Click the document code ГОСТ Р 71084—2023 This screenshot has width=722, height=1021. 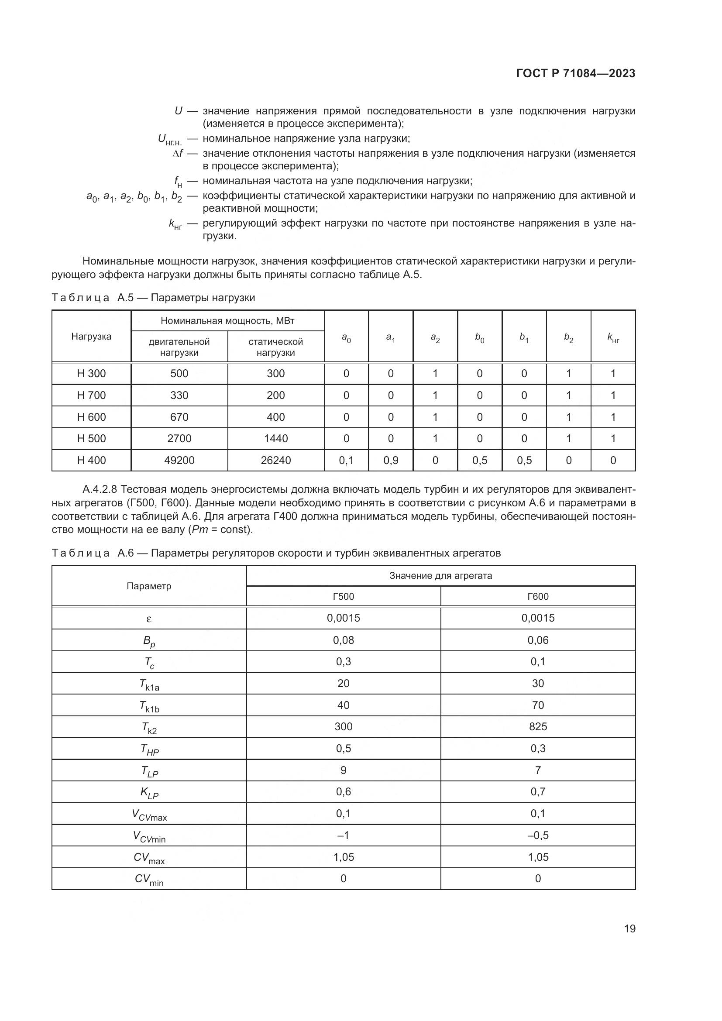coord(576,73)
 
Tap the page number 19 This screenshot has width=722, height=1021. coord(629,928)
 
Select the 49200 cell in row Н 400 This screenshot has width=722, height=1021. coord(179,460)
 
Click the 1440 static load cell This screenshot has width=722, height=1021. coord(275,438)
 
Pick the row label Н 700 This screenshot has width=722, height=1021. coord(91,395)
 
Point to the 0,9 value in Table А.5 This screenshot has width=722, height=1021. coord(390,460)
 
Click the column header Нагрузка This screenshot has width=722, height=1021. coord(91,336)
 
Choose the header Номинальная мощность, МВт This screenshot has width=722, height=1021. coord(227,321)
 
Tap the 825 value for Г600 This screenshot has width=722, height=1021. coord(538,727)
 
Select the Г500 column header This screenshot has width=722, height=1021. coord(343,596)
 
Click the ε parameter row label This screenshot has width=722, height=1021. coord(149,618)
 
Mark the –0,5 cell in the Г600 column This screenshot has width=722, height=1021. coord(538,835)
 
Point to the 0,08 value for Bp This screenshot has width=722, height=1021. coord(343,640)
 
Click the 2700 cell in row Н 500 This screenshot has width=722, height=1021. coord(179,438)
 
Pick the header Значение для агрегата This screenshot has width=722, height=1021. coord(440,575)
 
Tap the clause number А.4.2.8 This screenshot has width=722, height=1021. coord(100,490)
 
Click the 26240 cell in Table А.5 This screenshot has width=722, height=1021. coord(275,460)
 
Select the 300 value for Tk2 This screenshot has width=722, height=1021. coord(343,727)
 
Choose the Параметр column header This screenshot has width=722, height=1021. coord(149,586)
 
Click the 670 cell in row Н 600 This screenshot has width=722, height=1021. coord(179,417)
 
